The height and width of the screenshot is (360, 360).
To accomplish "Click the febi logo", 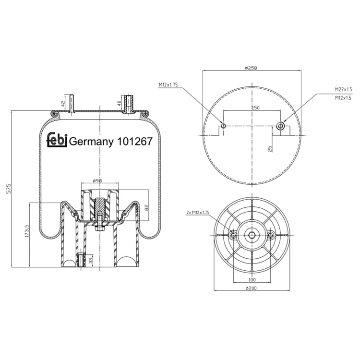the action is [x=57, y=140].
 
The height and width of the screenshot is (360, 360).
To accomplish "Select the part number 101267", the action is [x=135, y=141].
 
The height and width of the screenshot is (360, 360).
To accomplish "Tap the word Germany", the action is [x=91, y=142].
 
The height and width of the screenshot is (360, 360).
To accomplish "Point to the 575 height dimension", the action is [x=9, y=189].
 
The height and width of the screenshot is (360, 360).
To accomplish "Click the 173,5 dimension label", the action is [x=27, y=231].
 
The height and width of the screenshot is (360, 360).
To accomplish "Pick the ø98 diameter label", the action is [x=97, y=180].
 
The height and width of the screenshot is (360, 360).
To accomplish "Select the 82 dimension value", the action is [x=147, y=207].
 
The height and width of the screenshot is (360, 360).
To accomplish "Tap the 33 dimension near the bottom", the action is [x=91, y=260].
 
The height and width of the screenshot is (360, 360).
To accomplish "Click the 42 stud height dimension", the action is [x=63, y=104].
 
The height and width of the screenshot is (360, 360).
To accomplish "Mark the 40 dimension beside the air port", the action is [x=119, y=103].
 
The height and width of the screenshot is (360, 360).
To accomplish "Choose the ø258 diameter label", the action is [x=251, y=68].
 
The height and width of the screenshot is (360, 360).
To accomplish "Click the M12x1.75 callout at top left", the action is [x=168, y=84].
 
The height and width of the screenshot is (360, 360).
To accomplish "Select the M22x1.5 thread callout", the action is [x=343, y=89].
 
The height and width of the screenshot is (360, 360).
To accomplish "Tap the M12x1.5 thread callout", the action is [x=343, y=98].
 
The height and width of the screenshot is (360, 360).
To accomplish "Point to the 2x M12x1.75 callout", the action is [x=198, y=212].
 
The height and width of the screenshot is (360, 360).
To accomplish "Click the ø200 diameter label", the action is [x=251, y=288].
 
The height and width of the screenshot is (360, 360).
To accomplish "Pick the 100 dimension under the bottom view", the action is [x=252, y=279].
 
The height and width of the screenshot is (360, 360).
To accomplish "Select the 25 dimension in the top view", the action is [x=270, y=149].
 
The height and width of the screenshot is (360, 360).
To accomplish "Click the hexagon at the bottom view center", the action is [x=252, y=235].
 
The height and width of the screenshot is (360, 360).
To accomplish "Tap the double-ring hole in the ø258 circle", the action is [x=280, y=126].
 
